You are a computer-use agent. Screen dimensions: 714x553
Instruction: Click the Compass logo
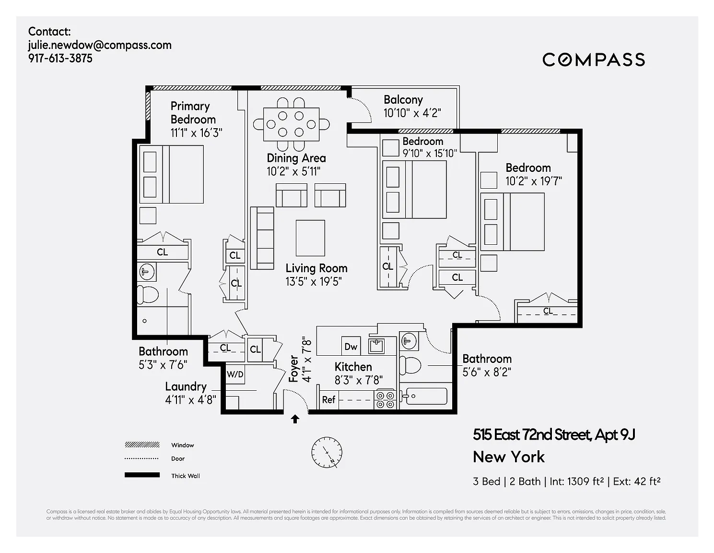click(x=594, y=60)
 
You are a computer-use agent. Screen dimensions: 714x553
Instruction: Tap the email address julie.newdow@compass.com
click(x=100, y=45)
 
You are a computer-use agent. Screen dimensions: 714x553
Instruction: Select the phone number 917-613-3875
click(x=60, y=59)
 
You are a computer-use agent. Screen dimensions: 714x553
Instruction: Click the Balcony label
click(x=403, y=100)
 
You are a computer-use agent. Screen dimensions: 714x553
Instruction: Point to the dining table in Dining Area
click(x=291, y=124)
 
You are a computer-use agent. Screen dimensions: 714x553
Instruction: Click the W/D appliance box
click(x=235, y=374)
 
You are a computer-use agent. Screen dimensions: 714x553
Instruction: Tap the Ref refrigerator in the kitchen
click(x=328, y=400)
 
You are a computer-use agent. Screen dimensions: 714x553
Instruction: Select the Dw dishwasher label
click(x=351, y=347)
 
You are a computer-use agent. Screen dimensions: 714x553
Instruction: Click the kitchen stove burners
click(x=385, y=399)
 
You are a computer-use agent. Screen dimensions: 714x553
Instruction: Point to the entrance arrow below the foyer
click(x=295, y=419)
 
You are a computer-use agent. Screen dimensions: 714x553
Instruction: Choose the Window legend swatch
click(x=142, y=445)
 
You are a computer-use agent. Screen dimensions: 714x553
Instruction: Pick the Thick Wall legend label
click(x=185, y=476)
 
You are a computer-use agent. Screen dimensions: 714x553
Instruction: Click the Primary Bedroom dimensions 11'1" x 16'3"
click(x=196, y=133)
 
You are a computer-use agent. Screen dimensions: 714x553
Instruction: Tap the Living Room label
click(x=316, y=268)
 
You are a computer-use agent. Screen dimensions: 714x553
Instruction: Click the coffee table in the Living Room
click(x=310, y=238)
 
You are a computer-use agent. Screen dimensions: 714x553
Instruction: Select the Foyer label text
click(x=293, y=369)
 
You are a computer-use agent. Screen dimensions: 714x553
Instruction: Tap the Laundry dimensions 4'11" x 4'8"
click(x=190, y=400)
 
